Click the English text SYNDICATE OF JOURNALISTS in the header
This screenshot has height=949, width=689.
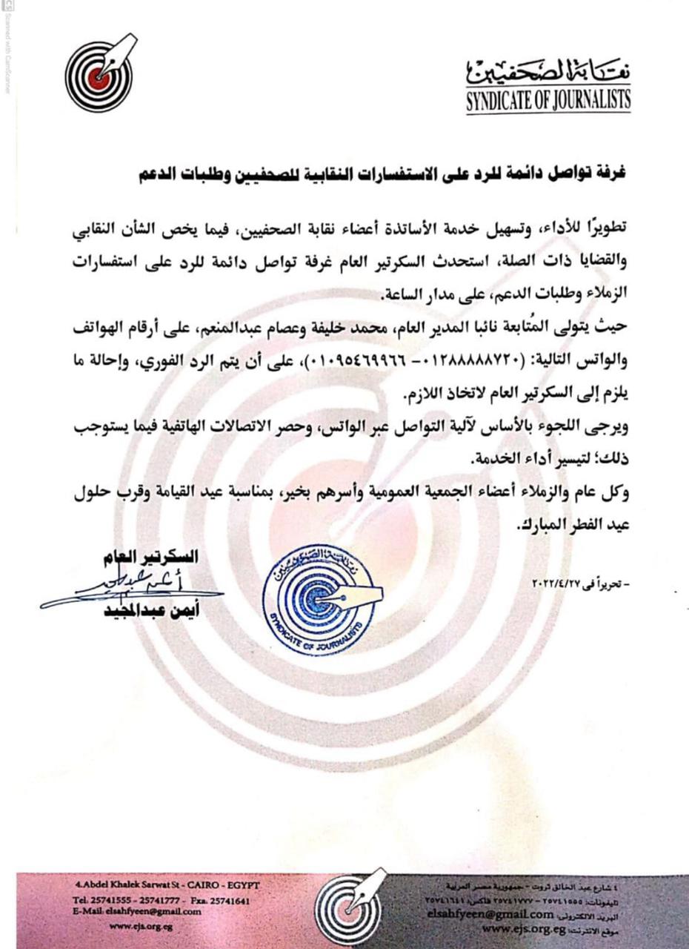click(x=548, y=101)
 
